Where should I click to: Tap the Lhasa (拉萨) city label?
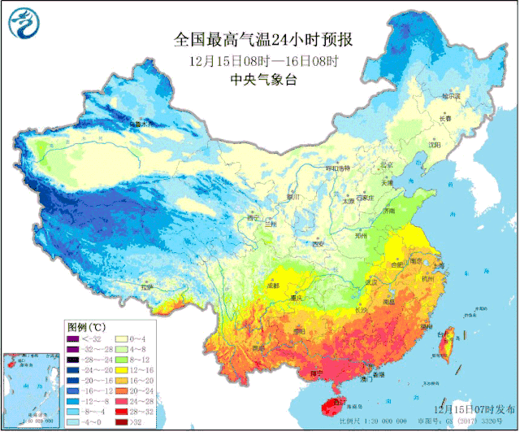pos(146,287)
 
